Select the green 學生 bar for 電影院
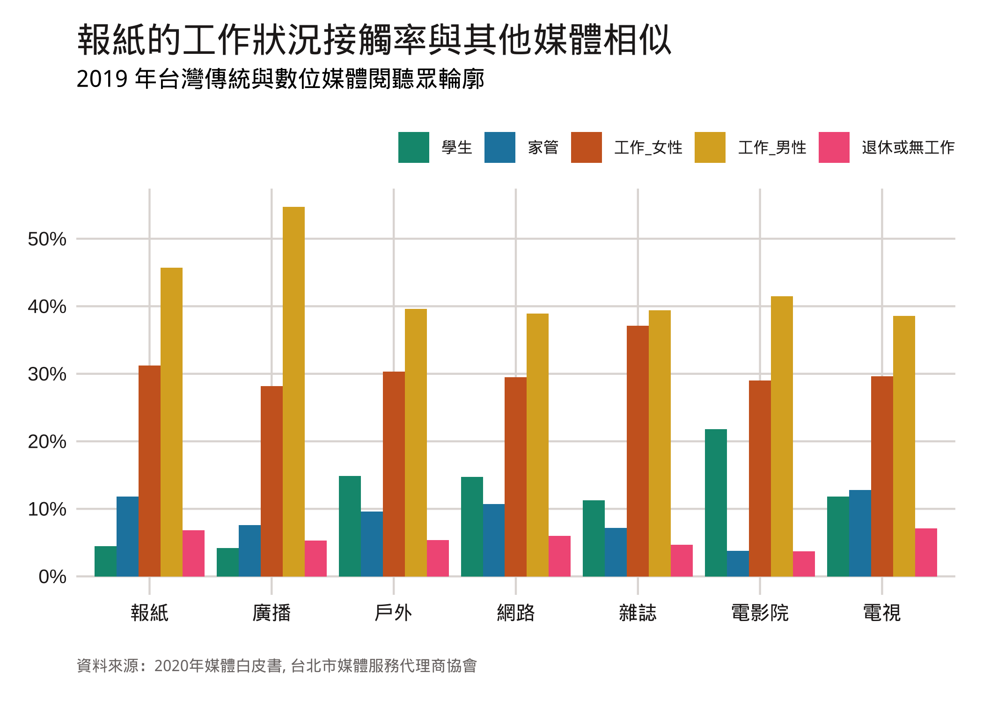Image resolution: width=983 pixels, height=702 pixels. (716, 503)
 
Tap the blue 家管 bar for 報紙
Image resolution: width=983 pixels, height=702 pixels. (127, 536)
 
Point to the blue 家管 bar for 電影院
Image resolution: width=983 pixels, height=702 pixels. (738, 563)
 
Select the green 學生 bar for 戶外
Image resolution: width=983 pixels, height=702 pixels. (350, 526)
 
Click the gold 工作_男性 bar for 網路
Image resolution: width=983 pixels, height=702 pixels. (537, 445)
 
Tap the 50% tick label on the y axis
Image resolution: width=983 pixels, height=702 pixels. (47, 239)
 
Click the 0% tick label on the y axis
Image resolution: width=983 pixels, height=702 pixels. (52, 577)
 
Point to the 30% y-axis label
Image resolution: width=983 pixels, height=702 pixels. (47, 374)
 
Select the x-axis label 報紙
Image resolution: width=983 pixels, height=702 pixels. (149, 613)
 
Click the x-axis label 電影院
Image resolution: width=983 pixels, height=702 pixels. (760, 613)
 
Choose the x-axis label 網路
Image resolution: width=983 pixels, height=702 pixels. (515, 613)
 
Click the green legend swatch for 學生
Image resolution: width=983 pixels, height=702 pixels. (413, 147)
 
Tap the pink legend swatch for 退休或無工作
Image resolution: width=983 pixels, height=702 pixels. (834, 147)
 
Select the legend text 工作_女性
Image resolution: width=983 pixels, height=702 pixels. (648, 147)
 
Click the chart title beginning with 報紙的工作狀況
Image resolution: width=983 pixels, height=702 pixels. (374, 40)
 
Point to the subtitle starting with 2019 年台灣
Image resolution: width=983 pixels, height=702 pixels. (280, 79)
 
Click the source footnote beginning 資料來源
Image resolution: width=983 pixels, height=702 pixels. (277, 665)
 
